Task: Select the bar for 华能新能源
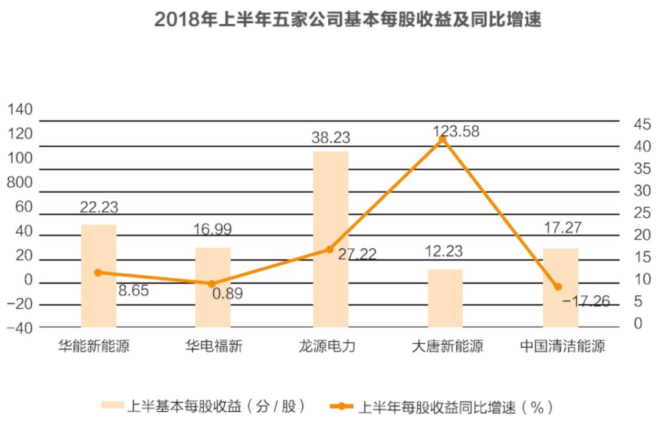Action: tap(99, 275)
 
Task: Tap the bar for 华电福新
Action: tap(213, 287)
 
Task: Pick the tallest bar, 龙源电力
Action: tap(331, 238)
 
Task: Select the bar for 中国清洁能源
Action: tap(560, 287)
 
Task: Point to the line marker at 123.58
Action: tap(443, 140)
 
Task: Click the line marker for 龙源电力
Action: tap(330, 249)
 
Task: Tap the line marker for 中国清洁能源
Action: tap(558, 287)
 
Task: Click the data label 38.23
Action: tap(331, 138)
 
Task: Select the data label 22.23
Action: tap(99, 207)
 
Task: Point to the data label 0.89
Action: tap(227, 293)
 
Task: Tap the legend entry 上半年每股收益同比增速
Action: tap(442, 406)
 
